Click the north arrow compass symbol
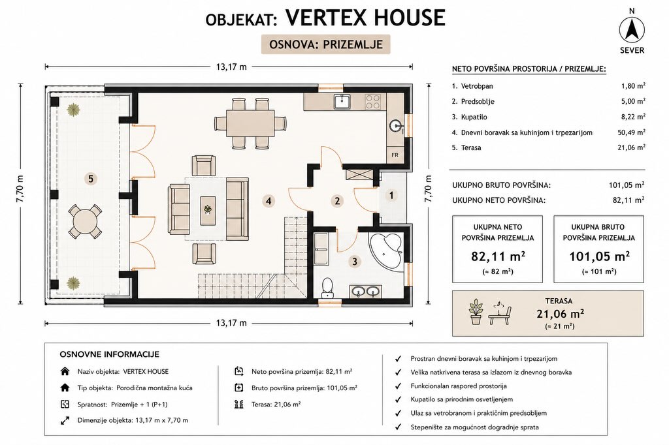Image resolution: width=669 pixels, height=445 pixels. click(x=632, y=30)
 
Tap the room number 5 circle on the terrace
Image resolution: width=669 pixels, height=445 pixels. click(x=90, y=179)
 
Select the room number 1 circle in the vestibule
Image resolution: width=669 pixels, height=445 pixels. click(x=391, y=196)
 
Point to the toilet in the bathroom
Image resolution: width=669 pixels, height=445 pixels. click(x=328, y=287)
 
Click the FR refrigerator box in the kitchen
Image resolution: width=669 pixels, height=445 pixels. click(x=395, y=155)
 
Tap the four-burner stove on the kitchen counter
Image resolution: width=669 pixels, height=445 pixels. click(x=372, y=101)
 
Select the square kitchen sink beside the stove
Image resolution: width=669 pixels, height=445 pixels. click(x=342, y=101)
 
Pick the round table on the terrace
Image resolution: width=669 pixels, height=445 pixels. click(x=86, y=222)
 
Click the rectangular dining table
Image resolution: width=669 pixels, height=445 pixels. click(x=250, y=123)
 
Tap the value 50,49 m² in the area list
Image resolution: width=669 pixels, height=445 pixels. click(x=632, y=132)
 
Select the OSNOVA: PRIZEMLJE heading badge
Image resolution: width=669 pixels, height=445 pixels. click(x=325, y=44)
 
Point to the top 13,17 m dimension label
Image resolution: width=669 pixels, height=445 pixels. click(x=231, y=67)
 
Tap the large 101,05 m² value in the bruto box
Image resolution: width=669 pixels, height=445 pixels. click(x=599, y=256)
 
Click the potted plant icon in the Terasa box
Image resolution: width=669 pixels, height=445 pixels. click(x=476, y=312)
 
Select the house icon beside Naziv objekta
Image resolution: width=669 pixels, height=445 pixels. click(x=65, y=371)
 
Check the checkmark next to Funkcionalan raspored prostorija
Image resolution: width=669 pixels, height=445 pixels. click(x=399, y=386)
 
